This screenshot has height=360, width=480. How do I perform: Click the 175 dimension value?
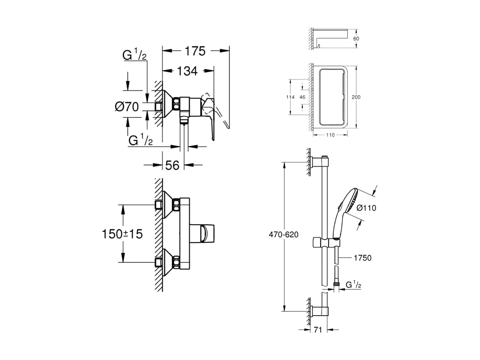click(195, 51)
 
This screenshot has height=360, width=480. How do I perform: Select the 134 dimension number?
click(188, 72)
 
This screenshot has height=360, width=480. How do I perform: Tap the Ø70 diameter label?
click(127, 107)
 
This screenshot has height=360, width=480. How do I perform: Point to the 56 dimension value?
click(172, 165)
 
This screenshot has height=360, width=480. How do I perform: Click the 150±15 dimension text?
click(122, 234)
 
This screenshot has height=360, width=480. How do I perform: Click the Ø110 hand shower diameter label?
click(366, 208)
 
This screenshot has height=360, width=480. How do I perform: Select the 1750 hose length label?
click(363, 258)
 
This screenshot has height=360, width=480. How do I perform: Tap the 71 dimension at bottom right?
click(318, 330)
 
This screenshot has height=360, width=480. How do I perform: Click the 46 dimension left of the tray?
click(302, 97)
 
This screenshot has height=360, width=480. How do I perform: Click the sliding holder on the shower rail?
click(326, 242)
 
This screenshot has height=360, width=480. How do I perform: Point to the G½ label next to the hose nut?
click(353, 284)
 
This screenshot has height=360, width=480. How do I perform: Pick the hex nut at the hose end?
click(337, 284)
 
